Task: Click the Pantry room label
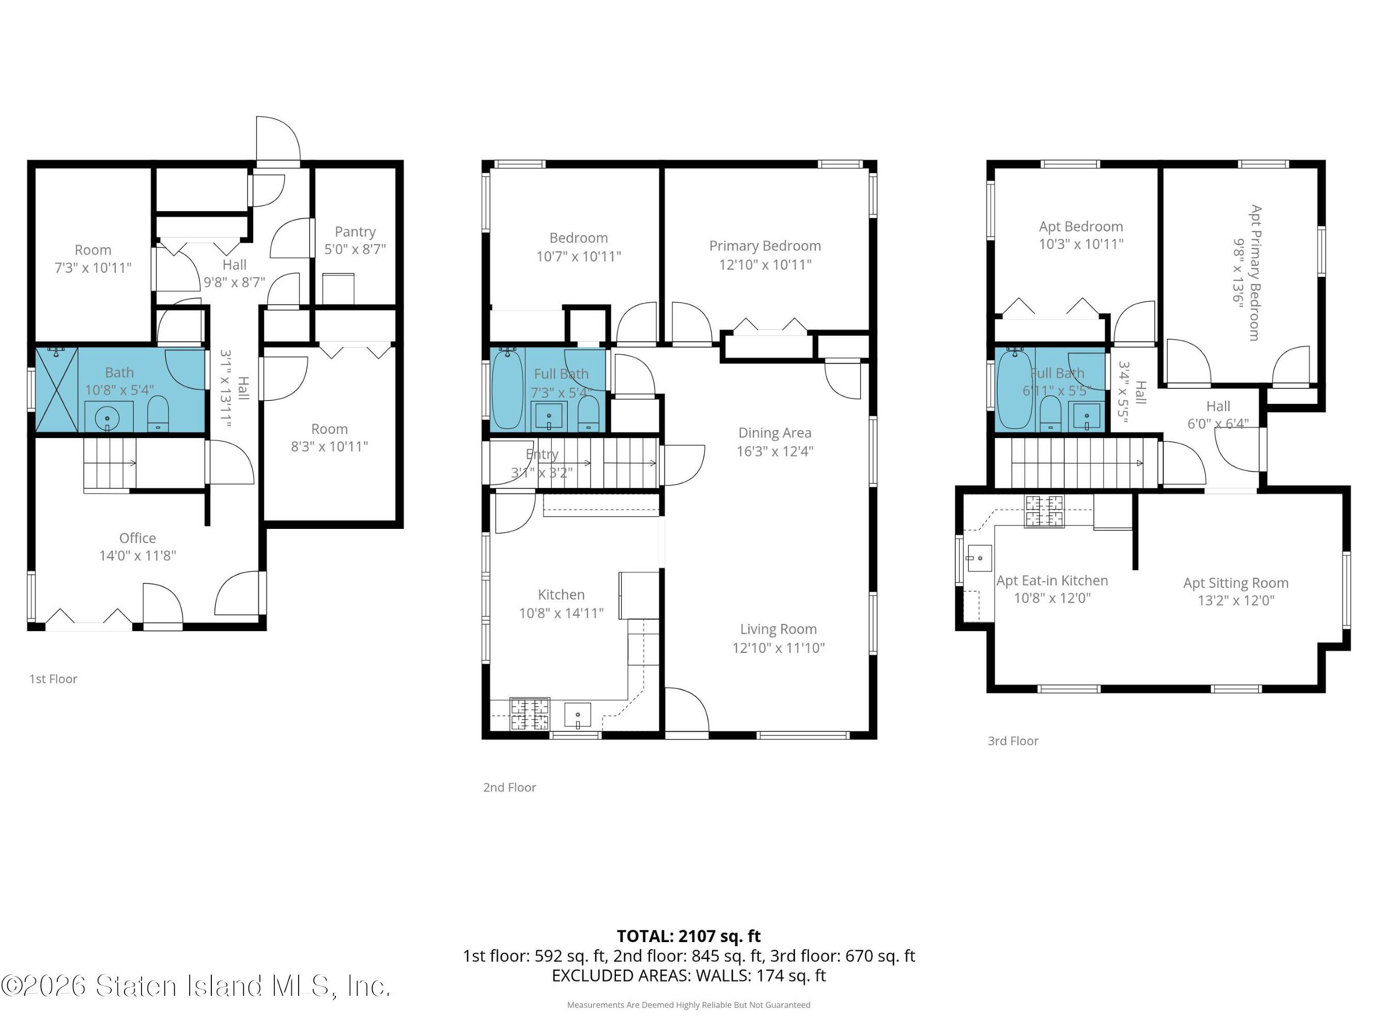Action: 355,231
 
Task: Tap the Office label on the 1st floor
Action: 137,538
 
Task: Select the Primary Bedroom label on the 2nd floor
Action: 765,246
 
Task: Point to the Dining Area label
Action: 775,433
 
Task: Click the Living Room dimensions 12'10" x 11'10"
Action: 779,648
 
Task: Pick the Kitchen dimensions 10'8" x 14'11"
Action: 561,613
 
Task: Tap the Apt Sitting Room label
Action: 1236,583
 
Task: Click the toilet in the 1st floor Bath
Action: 158,413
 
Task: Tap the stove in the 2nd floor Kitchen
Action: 530,714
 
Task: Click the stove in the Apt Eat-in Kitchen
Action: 1045,511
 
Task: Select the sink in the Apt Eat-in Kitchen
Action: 979,558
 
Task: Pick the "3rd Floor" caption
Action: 1013,741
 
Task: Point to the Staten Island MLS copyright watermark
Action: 196,985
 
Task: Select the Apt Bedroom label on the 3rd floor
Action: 1081,227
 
